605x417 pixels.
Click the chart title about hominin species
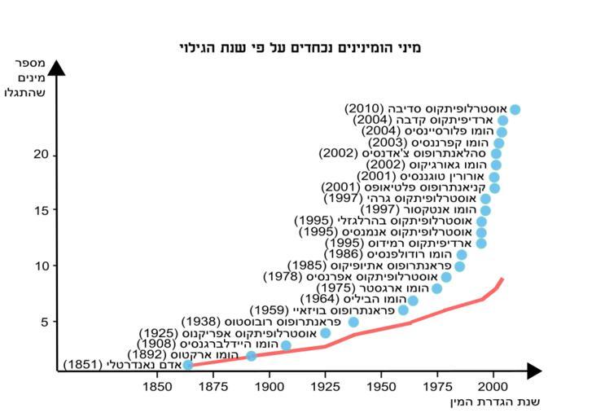coord(300,48)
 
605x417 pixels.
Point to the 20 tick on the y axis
coord(44,155)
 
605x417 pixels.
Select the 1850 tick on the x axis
coord(156,386)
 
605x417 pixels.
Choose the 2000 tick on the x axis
coord(493,386)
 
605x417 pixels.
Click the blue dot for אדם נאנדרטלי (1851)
coord(188,365)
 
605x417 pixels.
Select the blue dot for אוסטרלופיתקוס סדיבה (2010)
coord(515,109)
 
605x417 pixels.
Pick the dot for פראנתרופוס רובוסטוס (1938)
coord(353,323)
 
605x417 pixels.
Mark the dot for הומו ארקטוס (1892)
coord(252,356)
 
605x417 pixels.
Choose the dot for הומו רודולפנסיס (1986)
coord(462,255)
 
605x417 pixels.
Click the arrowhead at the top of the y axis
coord(56,67)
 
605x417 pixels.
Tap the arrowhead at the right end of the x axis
coord(533,371)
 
